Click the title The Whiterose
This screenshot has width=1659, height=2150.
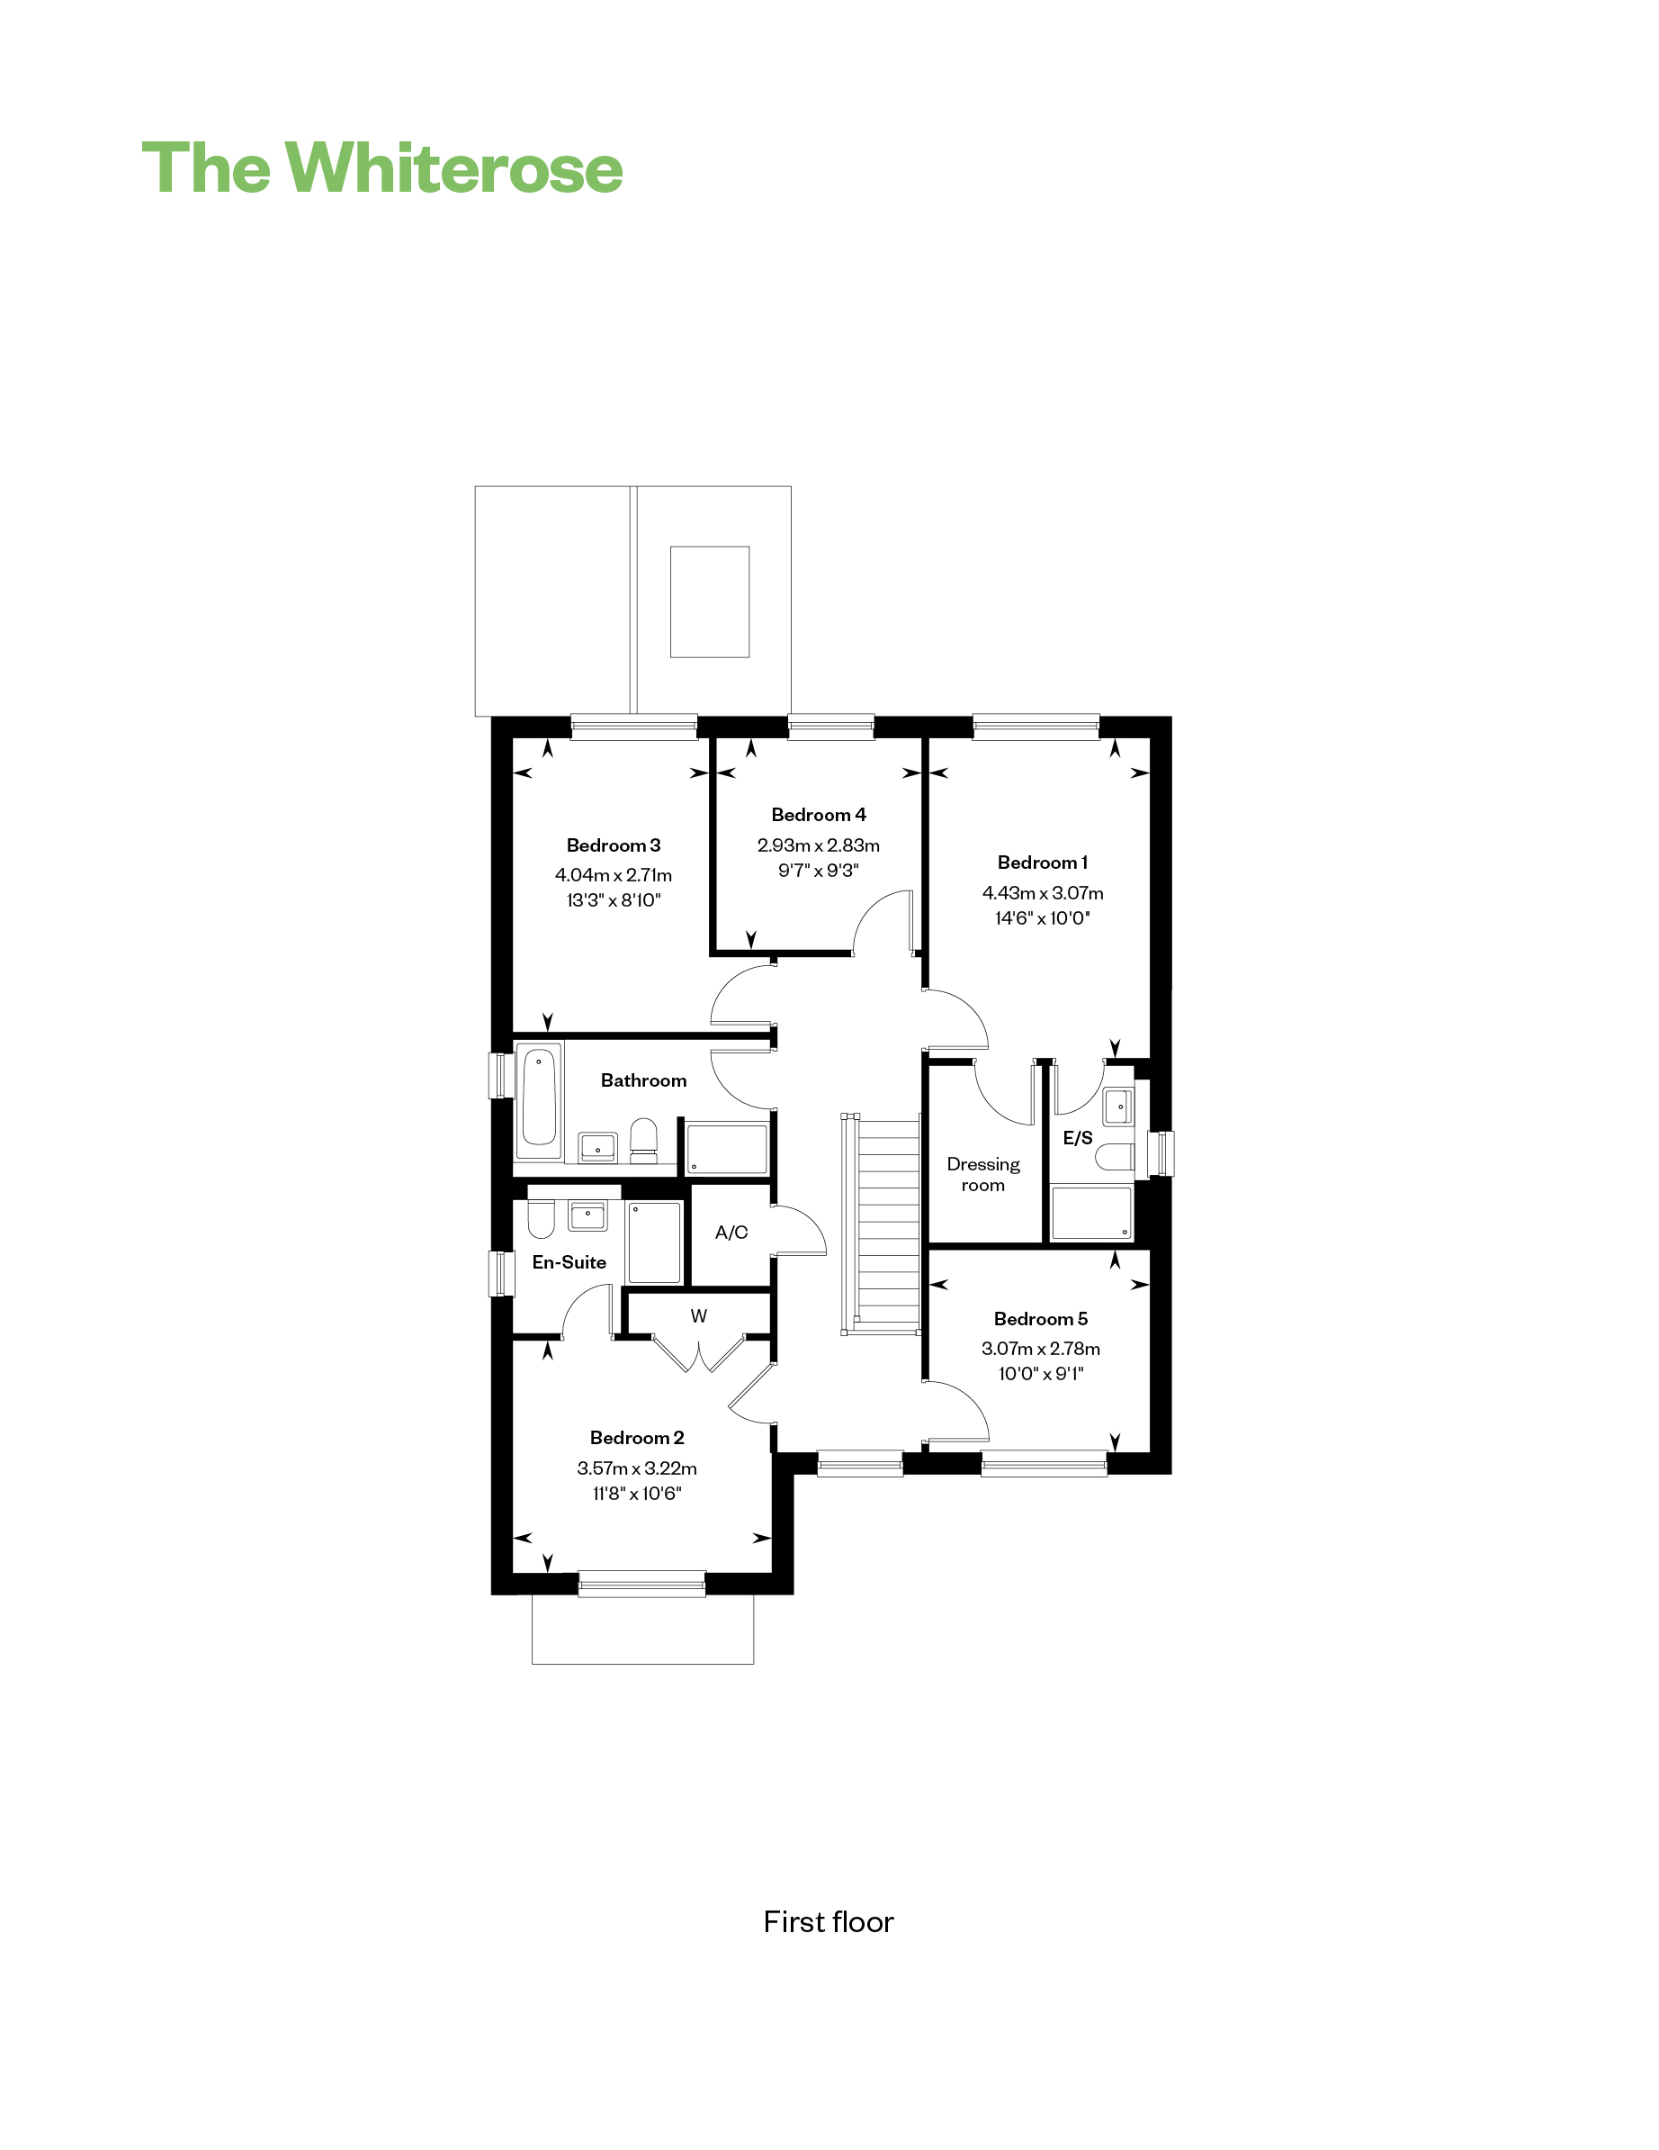pyautogui.click(x=381, y=168)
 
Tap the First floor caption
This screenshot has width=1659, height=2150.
pyautogui.click(x=829, y=1921)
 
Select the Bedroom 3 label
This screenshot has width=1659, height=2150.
pyautogui.click(x=613, y=845)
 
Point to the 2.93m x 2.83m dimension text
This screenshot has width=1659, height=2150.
pyautogui.click(x=819, y=845)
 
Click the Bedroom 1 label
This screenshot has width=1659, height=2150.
pyautogui.click(x=1042, y=863)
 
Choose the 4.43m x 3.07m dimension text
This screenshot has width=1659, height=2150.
pyautogui.click(x=1043, y=893)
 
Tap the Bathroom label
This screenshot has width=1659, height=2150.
pyautogui.click(x=643, y=1080)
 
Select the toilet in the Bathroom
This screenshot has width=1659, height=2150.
pyautogui.click(x=643, y=1141)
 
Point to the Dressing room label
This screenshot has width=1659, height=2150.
pyautogui.click(x=983, y=1174)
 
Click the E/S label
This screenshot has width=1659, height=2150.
pyautogui.click(x=1078, y=1138)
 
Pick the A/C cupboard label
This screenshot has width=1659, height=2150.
pyautogui.click(x=731, y=1233)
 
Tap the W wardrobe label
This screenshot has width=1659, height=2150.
pyautogui.click(x=699, y=1316)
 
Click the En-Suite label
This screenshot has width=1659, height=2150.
pyautogui.click(x=569, y=1262)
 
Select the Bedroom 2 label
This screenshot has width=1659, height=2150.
pyautogui.click(x=637, y=1437)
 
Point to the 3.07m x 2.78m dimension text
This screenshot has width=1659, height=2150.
pyautogui.click(x=1041, y=1349)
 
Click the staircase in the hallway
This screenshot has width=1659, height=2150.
pyautogui.click(x=882, y=1224)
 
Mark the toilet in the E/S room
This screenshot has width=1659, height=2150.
pyautogui.click(x=1115, y=1157)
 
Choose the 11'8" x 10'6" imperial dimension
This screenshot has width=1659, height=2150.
pyautogui.click(x=637, y=1494)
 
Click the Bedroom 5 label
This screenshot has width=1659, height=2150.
pyautogui.click(x=1041, y=1318)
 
